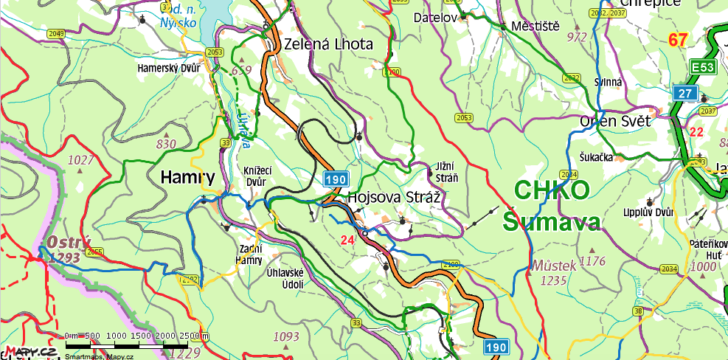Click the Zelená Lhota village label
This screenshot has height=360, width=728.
[328, 44]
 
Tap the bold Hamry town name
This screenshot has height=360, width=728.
[187, 177]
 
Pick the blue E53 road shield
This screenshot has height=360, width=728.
[703, 68]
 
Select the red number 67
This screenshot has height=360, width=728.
[679, 40]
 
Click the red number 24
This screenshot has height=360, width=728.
[348, 240]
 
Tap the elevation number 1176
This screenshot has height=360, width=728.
[592, 261]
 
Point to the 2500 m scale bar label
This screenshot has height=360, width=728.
[193, 336]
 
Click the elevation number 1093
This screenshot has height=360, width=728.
[286, 337]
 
